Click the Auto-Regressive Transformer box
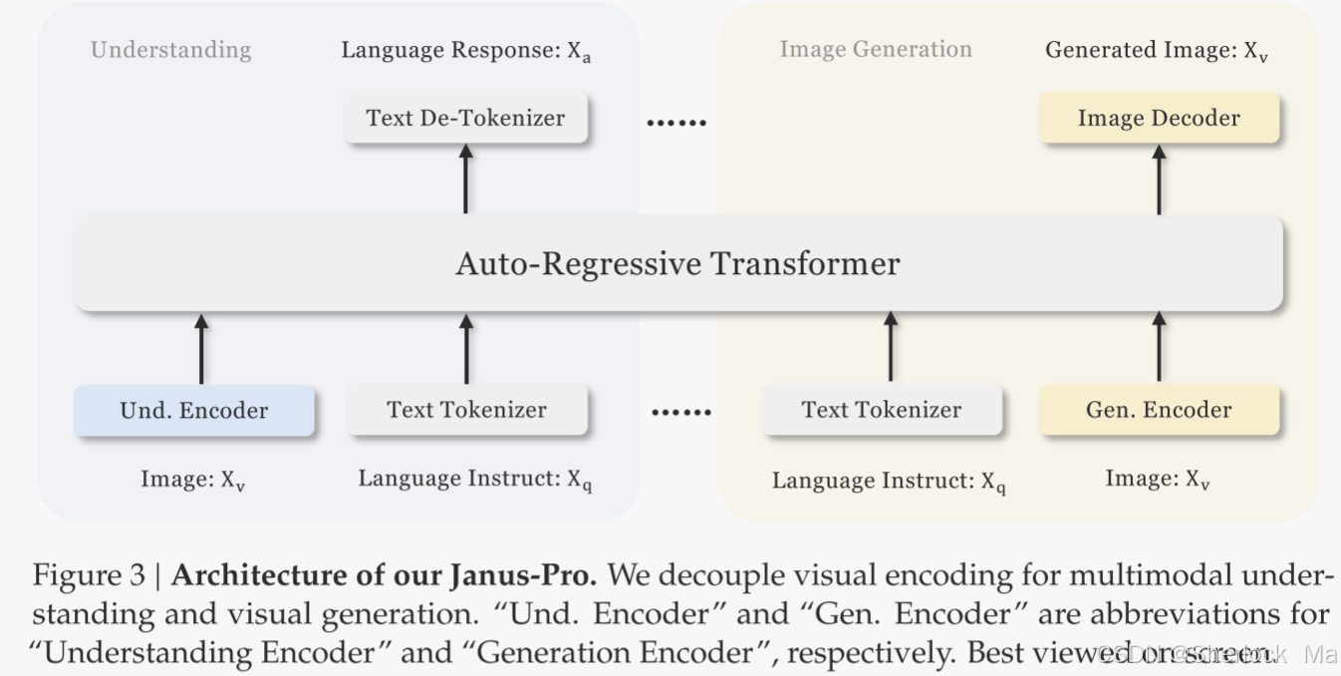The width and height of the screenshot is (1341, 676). click(x=677, y=264)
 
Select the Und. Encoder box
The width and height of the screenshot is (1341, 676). click(x=194, y=410)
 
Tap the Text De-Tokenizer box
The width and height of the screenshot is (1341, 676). click(x=465, y=118)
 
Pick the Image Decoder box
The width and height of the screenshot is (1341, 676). click(x=1159, y=118)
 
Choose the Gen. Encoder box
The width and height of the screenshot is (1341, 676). click(x=1159, y=410)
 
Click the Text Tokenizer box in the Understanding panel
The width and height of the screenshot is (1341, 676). click(x=466, y=410)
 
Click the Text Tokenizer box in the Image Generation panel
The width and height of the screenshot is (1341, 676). click(x=882, y=410)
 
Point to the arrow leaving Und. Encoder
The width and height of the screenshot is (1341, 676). click(x=201, y=348)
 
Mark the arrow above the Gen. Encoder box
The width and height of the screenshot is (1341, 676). click(x=1159, y=348)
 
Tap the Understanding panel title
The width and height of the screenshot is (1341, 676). click(x=170, y=50)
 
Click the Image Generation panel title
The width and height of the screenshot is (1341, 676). click(x=875, y=50)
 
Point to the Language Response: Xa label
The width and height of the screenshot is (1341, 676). click(x=466, y=51)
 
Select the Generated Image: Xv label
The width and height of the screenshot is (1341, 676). click(x=1157, y=51)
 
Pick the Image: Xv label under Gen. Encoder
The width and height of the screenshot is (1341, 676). click(x=1158, y=480)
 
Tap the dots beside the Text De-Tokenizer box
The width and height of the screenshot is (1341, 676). click(x=676, y=124)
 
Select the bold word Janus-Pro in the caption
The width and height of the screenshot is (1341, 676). click(x=540, y=575)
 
